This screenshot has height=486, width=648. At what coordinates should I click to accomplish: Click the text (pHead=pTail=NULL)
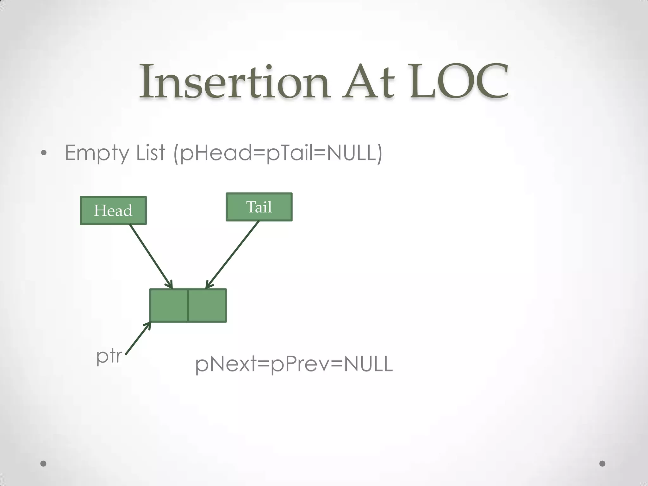pyautogui.click(x=278, y=153)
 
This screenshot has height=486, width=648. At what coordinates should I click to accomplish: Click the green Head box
pyautogui.click(x=113, y=210)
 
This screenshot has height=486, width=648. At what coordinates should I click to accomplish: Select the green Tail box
pyautogui.click(x=259, y=207)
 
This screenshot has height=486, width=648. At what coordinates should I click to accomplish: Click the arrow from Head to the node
pyautogui.click(x=151, y=256)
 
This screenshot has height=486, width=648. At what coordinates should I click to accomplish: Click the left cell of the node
pyautogui.click(x=169, y=305)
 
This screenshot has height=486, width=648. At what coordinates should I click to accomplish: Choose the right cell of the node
pyautogui.click(x=207, y=305)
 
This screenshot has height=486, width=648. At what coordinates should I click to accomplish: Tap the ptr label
pyautogui.click(x=109, y=356)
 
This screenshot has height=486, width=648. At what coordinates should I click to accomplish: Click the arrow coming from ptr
pyautogui.click(x=138, y=338)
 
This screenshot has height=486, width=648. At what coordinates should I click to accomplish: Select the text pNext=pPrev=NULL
pyautogui.click(x=294, y=364)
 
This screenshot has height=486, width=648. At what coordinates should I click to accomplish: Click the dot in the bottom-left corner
pyautogui.click(x=44, y=464)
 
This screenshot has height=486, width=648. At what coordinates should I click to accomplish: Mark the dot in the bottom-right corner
pyautogui.click(x=602, y=464)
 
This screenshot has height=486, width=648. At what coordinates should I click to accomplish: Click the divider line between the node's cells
pyautogui.click(x=188, y=305)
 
